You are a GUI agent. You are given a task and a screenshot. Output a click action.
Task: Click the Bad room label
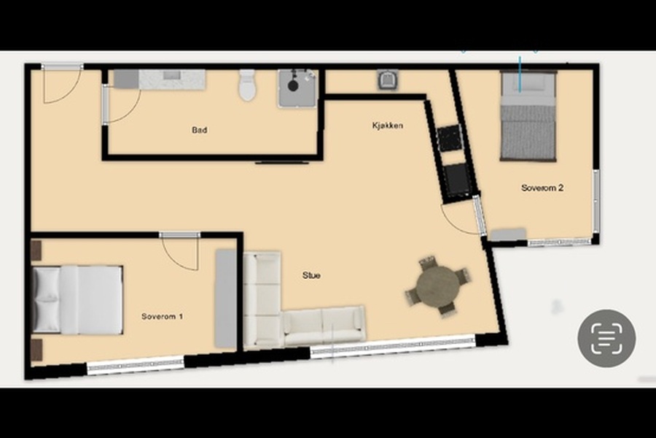200,130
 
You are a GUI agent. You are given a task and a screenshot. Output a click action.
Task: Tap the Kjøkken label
388,125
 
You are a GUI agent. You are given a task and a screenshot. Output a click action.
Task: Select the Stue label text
312,275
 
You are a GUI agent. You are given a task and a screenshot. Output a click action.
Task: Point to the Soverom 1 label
162,316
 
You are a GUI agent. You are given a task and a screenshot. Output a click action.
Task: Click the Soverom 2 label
542,188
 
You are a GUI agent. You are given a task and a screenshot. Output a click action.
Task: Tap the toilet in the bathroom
247,85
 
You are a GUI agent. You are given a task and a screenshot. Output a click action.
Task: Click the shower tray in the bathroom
297,88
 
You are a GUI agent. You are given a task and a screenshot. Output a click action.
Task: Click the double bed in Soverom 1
77,300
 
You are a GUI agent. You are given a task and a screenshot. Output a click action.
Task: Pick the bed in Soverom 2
528,116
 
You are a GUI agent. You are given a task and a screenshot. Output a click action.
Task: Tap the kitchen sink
388,80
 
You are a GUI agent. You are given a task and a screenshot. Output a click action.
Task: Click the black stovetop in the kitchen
450,137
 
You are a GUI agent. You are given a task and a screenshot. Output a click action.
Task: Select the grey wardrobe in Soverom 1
226,299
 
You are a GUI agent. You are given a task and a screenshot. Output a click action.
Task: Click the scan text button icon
606,339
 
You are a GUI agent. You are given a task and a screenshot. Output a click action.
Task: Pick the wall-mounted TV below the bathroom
281,162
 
